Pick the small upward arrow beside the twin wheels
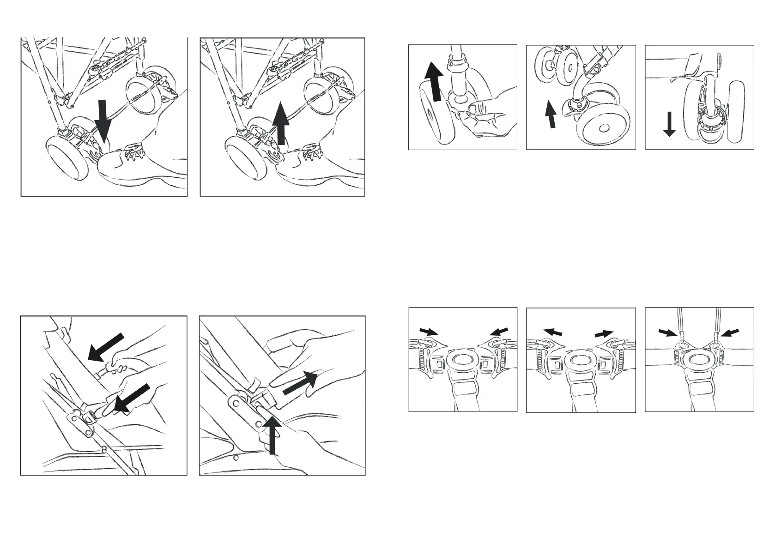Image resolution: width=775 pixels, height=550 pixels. (x=550, y=114)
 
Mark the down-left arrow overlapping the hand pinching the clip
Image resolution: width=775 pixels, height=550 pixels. (x=132, y=399)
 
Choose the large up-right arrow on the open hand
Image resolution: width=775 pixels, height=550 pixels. (x=301, y=383)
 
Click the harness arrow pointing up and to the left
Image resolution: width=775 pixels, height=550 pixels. (x=553, y=332)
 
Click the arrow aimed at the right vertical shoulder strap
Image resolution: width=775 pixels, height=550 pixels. (x=730, y=332)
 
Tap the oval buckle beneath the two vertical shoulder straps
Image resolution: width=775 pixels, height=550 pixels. (x=698, y=361)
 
